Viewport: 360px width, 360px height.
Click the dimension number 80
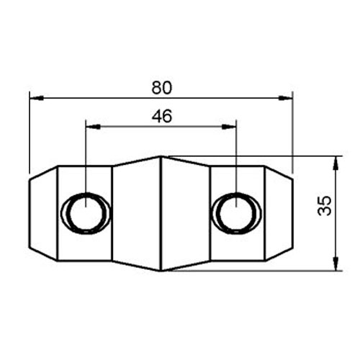point(161,87)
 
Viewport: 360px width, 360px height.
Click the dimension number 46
point(161,116)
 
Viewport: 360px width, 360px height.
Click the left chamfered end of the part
point(42,212)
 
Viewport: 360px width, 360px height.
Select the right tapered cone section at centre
point(184,212)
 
